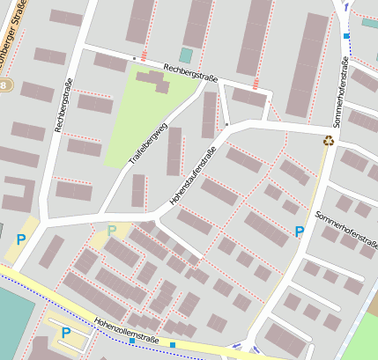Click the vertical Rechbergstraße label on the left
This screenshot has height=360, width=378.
click(63, 107)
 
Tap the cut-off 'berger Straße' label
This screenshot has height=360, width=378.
click(21, 36)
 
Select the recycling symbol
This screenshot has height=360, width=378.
click(328, 140)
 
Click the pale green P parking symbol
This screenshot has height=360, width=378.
click(112, 231)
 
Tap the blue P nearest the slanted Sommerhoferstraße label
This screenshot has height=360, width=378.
click(300, 231)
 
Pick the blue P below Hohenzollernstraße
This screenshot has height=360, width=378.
click(66, 333)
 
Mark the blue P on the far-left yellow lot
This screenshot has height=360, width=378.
click(20, 239)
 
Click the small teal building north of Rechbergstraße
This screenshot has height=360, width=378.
click(185, 55)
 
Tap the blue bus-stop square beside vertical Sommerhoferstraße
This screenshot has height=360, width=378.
click(345, 35)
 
